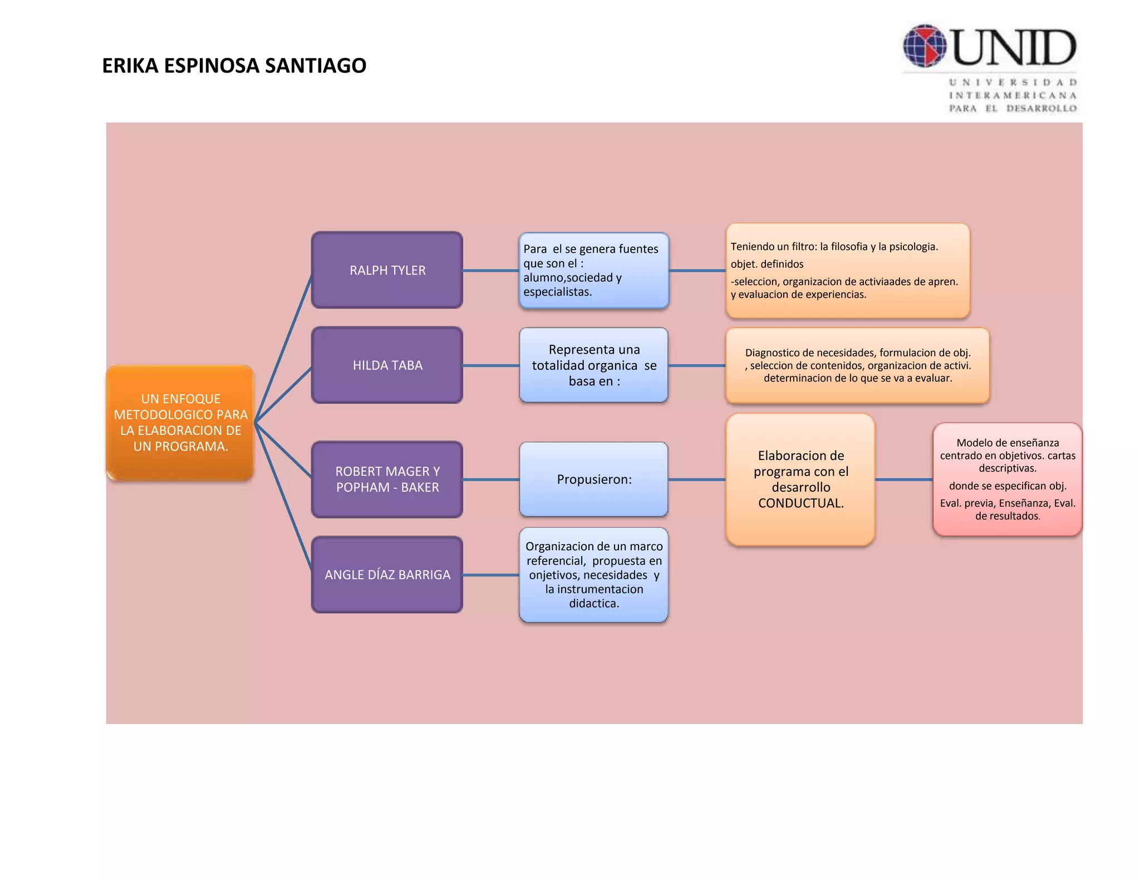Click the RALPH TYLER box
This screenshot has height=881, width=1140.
click(x=387, y=270)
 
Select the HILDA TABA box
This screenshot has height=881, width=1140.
click(x=387, y=365)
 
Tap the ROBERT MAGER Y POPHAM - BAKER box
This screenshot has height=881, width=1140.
click(x=387, y=479)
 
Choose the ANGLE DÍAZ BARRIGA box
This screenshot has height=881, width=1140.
click(x=387, y=575)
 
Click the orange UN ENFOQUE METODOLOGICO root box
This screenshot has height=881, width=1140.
click(x=180, y=423)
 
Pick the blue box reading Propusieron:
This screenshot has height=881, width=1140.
click(x=594, y=479)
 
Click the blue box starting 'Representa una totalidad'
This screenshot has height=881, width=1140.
click(x=594, y=365)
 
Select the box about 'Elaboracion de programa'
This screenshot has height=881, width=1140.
click(x=800, y=479)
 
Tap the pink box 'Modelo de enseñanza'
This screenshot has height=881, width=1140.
click(x=1008, y=479)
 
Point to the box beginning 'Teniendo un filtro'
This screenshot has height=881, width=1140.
click(x=848, y=271)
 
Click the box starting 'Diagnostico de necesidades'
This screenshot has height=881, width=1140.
click(x=857, y=365)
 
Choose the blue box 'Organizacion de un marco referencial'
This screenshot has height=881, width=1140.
click(x=594, y=575)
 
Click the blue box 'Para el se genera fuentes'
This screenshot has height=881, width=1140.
click(x=594, y=271)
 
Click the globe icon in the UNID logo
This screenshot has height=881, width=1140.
click(x=925, y=46)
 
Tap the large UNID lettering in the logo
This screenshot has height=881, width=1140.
click(x=1014, y=48)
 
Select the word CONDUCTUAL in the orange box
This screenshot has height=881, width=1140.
click(x=800, y=503)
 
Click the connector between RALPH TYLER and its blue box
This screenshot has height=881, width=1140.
click(x=490, y=271)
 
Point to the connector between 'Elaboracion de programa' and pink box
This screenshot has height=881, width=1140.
click(x=903, y=479)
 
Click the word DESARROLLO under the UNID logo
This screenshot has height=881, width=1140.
click(x=1041, y=109)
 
